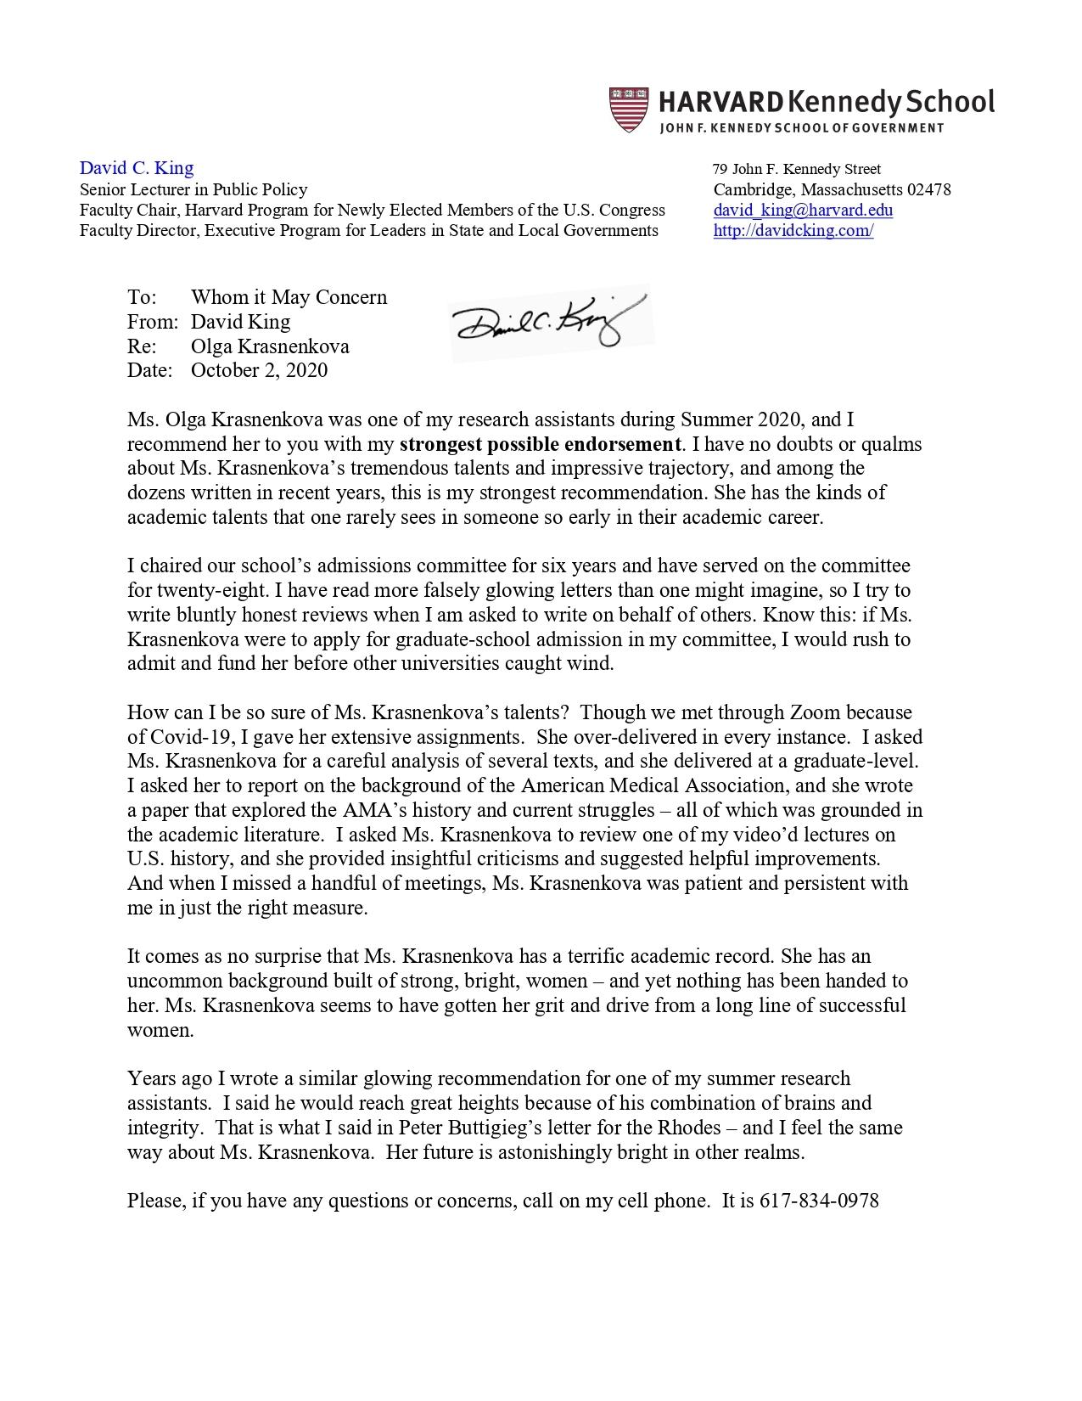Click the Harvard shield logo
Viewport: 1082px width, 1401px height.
point(628,110)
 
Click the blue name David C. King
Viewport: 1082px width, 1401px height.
point(137,168)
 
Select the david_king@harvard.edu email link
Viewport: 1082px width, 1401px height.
point(803,210)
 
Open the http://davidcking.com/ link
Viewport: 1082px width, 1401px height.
point(793,230)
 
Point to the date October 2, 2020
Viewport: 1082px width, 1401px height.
point(259,370)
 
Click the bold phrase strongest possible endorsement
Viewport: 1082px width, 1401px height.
point(540,444)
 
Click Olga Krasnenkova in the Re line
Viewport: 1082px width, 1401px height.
point(270,346)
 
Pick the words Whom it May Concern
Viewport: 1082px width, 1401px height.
point(289,297)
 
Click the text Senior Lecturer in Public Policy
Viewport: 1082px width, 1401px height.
point(193,189)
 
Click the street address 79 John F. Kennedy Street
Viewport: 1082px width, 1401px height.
point(797,169)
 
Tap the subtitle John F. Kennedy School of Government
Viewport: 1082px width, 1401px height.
point(802,128)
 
